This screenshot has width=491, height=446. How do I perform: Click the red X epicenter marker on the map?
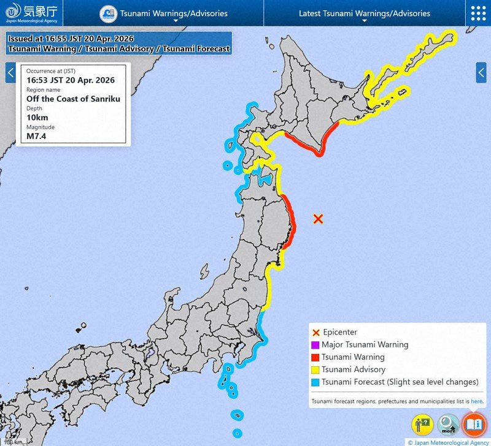click(318, 219)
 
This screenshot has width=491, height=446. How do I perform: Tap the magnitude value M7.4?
click(37, 135)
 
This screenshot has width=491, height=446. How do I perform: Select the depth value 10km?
click(37, 117)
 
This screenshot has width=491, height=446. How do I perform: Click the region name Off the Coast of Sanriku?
click(73, 99)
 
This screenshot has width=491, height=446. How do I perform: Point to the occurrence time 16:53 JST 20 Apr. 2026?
click(70, 80)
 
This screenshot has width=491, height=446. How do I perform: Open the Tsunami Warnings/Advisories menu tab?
click(174, 13)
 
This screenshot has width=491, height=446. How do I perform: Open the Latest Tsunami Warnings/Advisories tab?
click(364, 13)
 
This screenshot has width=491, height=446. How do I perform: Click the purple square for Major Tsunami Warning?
click(315, 345)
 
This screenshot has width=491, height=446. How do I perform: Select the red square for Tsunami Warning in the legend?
click(315, 357)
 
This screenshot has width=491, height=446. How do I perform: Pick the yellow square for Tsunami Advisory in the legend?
click(315, 369)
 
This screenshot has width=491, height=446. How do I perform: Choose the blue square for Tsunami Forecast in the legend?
click(315, 382)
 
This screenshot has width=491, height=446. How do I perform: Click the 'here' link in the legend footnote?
click(477, 402)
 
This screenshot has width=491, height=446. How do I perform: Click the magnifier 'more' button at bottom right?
click(449, 424)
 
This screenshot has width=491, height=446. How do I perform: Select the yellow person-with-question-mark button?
click(423, 424)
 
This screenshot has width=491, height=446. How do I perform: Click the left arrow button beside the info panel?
click(10, 73)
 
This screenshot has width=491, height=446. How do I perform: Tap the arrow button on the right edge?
click(481, 73)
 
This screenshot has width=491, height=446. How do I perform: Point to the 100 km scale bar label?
click(12, 442)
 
